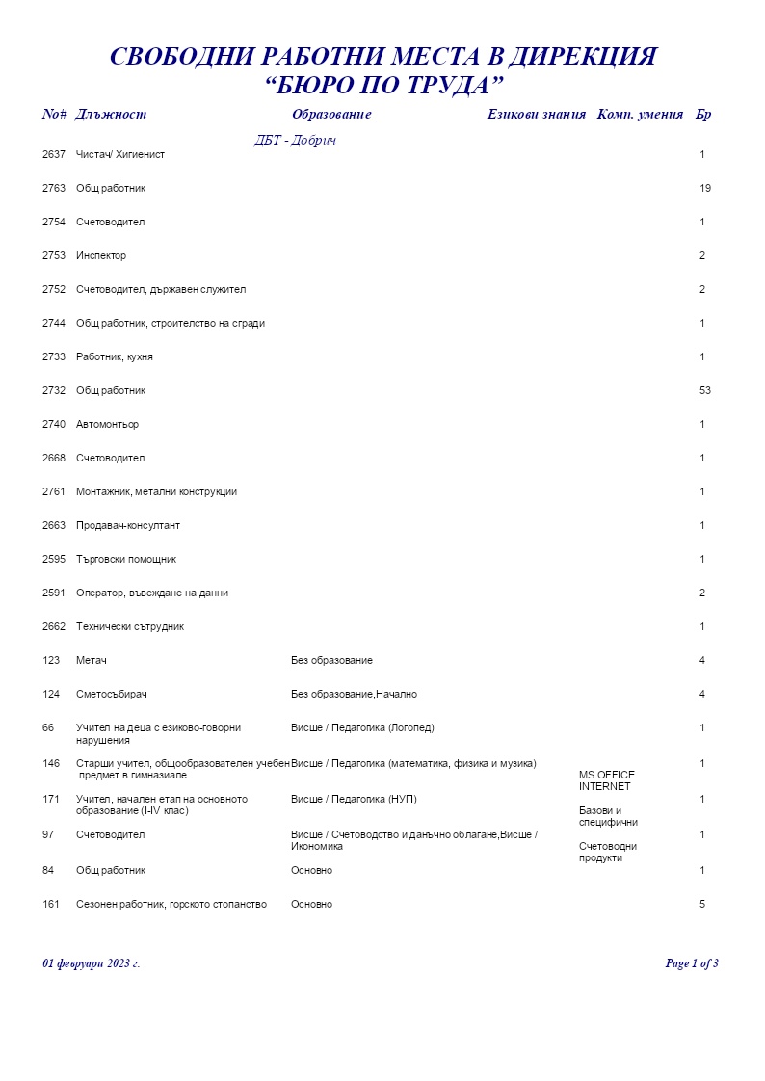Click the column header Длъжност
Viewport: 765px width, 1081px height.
pyautogui.click(x=111, y=115)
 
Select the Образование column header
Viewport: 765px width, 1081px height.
pyautogui.click(x=330, y=115)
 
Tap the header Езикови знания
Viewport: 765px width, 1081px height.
pyautogui.click(x=536, y=115)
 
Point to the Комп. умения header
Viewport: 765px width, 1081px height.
pyautogui.click(x=640, y=115)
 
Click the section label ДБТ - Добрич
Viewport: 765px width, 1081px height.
pyautogui.click(x=295, y=141)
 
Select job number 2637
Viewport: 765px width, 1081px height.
pyautogui.click(x=54, y=154)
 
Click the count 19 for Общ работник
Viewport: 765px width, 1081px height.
pyautogui.click(x=705, y=188)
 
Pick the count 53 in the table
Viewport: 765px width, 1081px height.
pyautogui.click(x=705, y=390)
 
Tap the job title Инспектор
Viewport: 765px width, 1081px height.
pyautogui.click(x=101, y=255)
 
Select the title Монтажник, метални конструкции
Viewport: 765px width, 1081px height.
pyautogui.click(x=156, y=491)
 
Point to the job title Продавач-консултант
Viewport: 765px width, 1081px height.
pyautogui.click(x=128, y=525)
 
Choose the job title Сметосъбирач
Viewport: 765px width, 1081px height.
pyautogui.click(x=111, y=694)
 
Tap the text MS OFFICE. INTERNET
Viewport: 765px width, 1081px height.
pyautogui.click(x=608, y=780)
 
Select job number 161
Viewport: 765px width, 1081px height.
pyautogui.click(x=51, y=904)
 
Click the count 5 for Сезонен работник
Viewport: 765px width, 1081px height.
pyautogui.click(x=702, y=904)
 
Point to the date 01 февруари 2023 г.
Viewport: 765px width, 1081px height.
pyautogui.click(x=92, y=963)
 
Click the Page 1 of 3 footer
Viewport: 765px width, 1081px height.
pyautogui.click(x=692, y=963)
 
